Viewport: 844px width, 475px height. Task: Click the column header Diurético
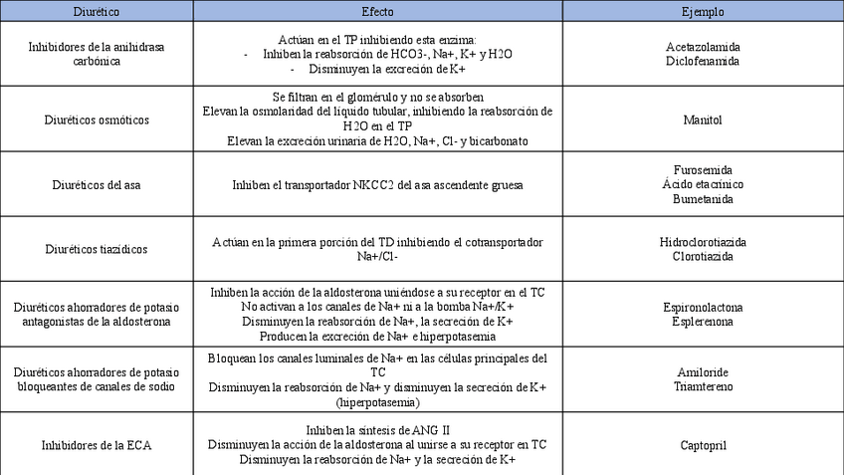click(x=98, y=11)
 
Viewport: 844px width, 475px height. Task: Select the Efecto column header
click(x=377, y=11)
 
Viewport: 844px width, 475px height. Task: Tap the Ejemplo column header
click(x=703, y=11)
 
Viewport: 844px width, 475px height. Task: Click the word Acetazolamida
click(x=703, y=47)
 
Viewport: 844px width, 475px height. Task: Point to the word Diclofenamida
click(x=703, y=61)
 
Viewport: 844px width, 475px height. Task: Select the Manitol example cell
click(x=703, y=119)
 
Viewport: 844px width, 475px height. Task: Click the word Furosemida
click(x=703, y=170)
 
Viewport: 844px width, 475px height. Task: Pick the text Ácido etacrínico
click(x=703, y=184)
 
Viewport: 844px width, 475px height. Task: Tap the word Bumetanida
click(x=703, y=198)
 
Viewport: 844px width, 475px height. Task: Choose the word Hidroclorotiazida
click(x=703, y=242)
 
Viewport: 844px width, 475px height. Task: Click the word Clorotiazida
click(x=703, y=256)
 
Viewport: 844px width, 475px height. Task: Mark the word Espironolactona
click(x=703, y=308)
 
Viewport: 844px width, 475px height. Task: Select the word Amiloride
click(x=703, y=372)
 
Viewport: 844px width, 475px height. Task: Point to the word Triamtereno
click(x=703, y=386)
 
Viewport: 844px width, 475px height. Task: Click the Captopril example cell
click(x=703, y=444)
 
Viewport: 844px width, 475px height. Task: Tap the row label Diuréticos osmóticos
click(x=98, y=119)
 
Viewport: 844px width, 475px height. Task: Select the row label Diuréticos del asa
click(x=98, y=184)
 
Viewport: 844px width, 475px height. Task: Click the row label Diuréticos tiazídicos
click(x=98, y=249)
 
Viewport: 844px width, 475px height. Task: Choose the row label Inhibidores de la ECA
click(x=98, y=444)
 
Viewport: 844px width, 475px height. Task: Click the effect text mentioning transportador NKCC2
click(x=377, y=184)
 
